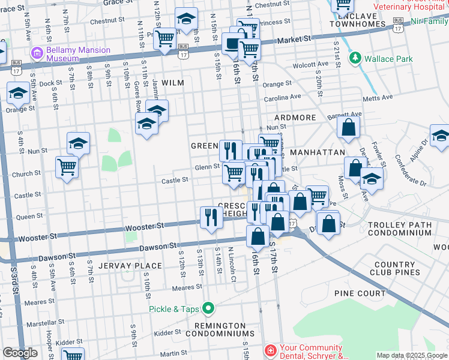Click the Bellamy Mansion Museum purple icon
click(38, 53)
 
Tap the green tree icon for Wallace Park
click(355, 59)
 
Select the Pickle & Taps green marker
click(208, 309)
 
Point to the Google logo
click(20, 353)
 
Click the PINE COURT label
click(360, 293)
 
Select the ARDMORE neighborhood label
click(295, 118)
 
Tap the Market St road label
click(298, 39)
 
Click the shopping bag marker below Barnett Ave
click(348, 127)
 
